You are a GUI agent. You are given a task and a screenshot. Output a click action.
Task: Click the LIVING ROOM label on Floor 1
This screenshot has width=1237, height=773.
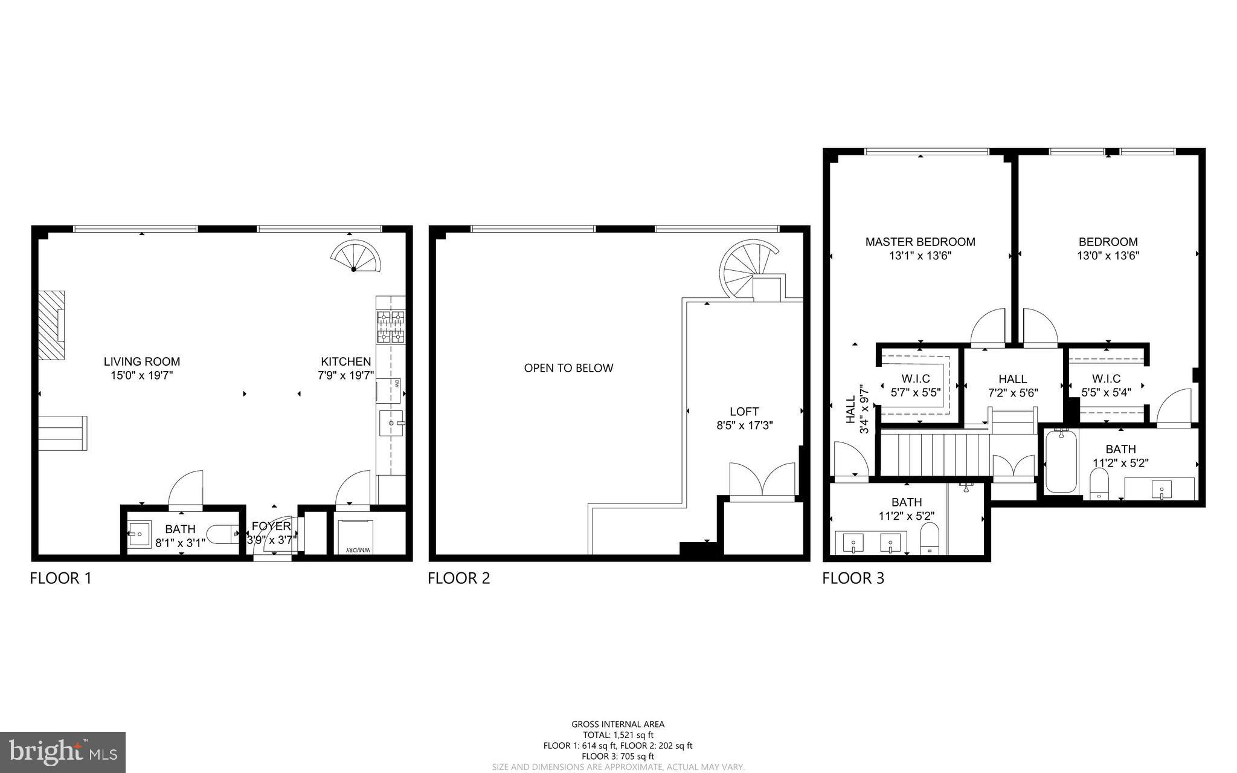[141, 361]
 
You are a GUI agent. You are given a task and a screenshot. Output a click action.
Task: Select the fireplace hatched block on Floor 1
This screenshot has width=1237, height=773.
[51, 326]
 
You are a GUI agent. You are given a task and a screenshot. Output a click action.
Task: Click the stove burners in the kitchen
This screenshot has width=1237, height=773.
[391, 326]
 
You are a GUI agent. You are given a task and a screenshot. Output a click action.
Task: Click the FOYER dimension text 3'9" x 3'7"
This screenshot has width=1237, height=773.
[271, 540]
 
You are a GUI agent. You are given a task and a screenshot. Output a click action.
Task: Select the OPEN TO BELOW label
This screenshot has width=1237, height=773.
[568, 368]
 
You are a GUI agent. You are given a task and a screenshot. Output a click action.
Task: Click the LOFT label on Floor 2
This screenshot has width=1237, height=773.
[744, 412]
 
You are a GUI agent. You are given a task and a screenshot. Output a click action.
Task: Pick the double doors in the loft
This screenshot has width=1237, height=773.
[762, 480]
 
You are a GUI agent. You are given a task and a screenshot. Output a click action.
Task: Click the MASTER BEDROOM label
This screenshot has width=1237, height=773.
[920, 242]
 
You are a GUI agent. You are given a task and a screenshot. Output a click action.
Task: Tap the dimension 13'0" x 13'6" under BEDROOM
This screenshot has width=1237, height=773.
[1108, 256]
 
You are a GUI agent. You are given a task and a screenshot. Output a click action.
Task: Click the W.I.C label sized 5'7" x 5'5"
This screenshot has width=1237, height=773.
[916, 379]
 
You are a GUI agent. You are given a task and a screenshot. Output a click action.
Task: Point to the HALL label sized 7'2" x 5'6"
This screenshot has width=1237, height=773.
[1012, 379]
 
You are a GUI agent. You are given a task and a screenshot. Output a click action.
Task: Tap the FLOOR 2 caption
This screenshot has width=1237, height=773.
[458, 578]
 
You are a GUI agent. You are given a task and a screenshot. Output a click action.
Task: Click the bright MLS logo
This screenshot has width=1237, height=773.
[63, 752]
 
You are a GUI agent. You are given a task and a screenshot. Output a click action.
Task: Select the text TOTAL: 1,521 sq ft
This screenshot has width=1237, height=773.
[618, 735]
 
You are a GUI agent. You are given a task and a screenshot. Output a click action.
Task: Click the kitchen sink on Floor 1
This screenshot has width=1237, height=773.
[391, 422]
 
